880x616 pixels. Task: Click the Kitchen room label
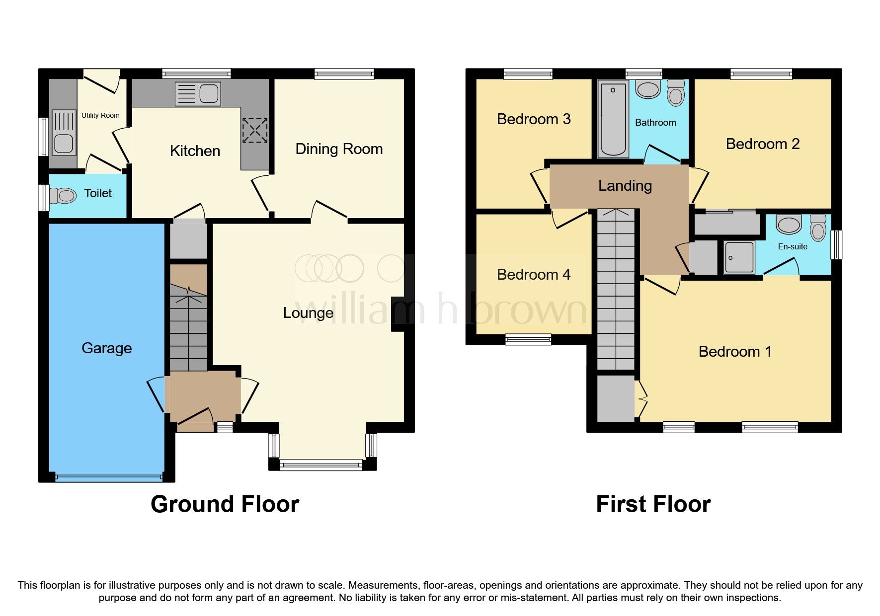[195, 151]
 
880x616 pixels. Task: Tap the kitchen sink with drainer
[198, 94]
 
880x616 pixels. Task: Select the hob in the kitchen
[255, 130]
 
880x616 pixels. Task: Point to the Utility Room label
[100, 115]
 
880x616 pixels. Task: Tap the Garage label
[106, 348]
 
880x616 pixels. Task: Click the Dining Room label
[339, 149]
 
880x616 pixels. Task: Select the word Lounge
[308, 313]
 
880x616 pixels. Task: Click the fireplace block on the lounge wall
[398, 314]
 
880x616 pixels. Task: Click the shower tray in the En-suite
[739, 257]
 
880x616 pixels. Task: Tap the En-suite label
[793, 246]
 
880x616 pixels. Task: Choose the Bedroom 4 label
[533, 275]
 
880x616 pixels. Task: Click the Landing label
[625, 186]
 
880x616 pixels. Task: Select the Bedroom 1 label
[734, 352]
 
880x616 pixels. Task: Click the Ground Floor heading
[225, 504]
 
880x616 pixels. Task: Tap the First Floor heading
[653, 504]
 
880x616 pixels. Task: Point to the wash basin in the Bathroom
[647, 90]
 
